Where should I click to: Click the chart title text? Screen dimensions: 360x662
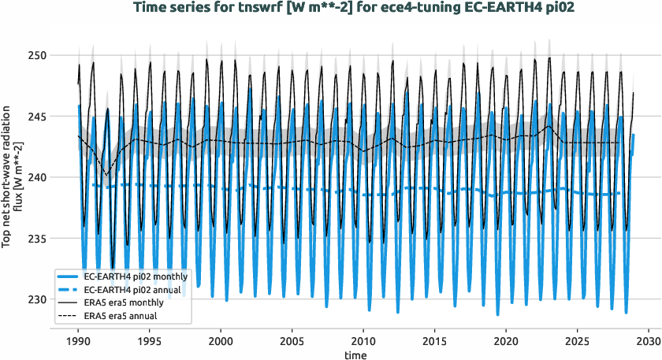pyautogui.click(x=330, y=9)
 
